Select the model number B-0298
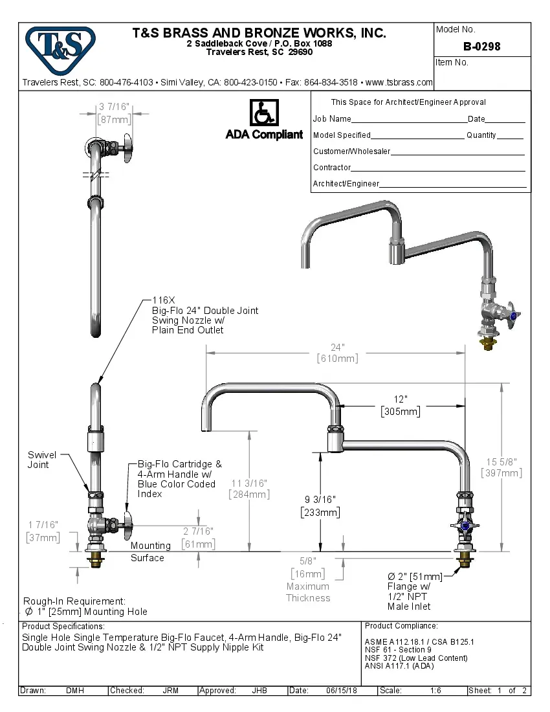[481, 47]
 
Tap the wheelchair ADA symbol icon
[264, 113]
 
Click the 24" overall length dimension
[337, 348]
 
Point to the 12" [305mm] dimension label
[401, 405]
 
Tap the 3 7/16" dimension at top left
[114, 107]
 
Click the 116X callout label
[164, 300]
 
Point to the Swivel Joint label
[42, 460]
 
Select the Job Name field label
[332, 119]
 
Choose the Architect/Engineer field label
[346, 184]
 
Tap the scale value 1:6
[435, 691]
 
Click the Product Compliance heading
[401, 626]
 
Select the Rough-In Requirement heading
[74, 601]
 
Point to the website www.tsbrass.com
[399, 83]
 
